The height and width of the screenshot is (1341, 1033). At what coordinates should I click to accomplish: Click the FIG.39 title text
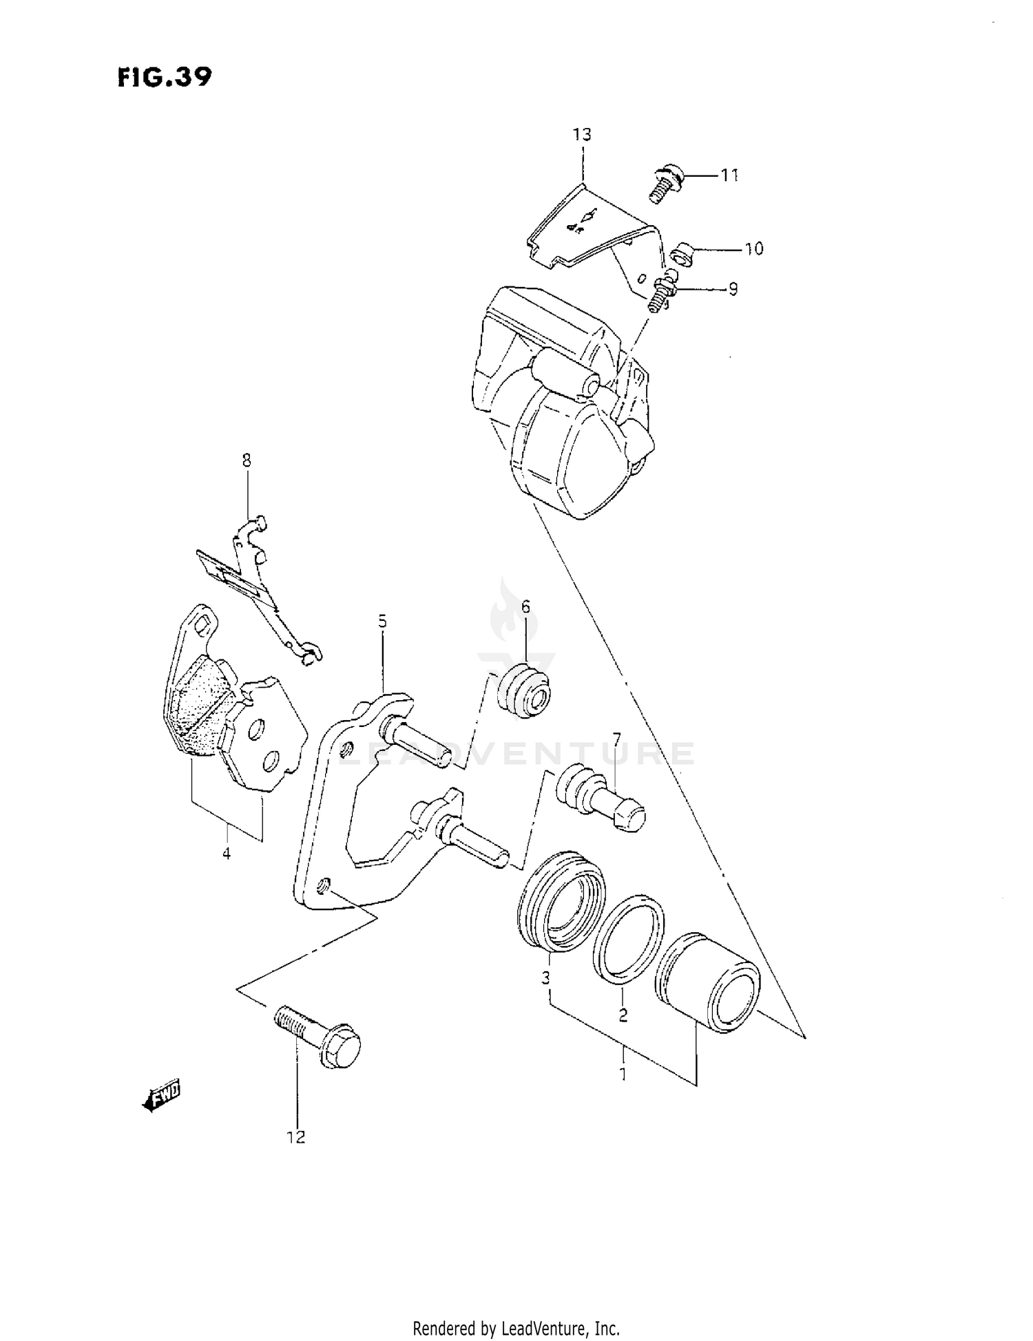pos(164,76)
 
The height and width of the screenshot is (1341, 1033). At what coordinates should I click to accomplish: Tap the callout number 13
pos(582,134)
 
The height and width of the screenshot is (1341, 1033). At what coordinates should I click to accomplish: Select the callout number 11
pos(729,176)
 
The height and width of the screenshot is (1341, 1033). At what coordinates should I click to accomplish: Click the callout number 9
pos(733,289)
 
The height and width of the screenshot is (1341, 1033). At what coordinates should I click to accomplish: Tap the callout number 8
pos(247,460)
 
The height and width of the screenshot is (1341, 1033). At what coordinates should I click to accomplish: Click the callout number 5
pos(382,622)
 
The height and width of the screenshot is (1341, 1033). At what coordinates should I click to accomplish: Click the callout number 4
pos(226,854)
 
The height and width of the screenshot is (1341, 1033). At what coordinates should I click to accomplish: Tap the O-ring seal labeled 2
pos(628,937)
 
